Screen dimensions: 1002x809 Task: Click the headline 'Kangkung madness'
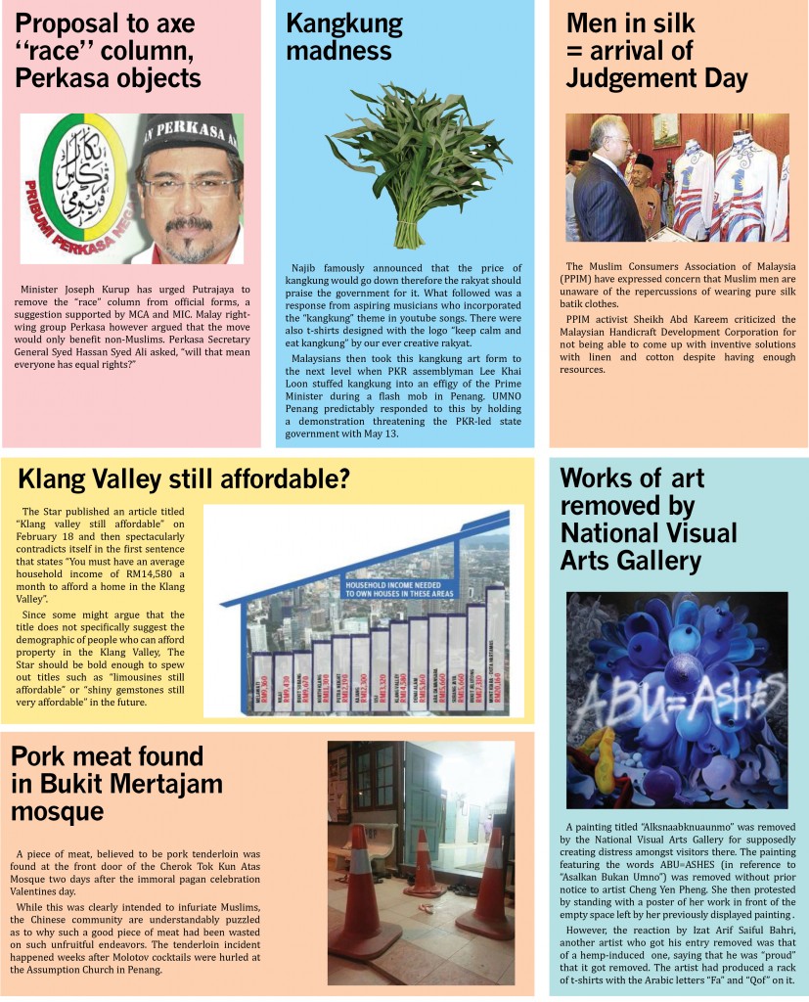click(x=343, y=37)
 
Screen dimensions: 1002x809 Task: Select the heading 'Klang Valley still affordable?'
click(x=185, y=479)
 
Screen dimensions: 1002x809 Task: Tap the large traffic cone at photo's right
click(x=487, y=885)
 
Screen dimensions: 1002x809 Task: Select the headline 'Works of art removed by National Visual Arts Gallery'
click(x=646, y=519)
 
